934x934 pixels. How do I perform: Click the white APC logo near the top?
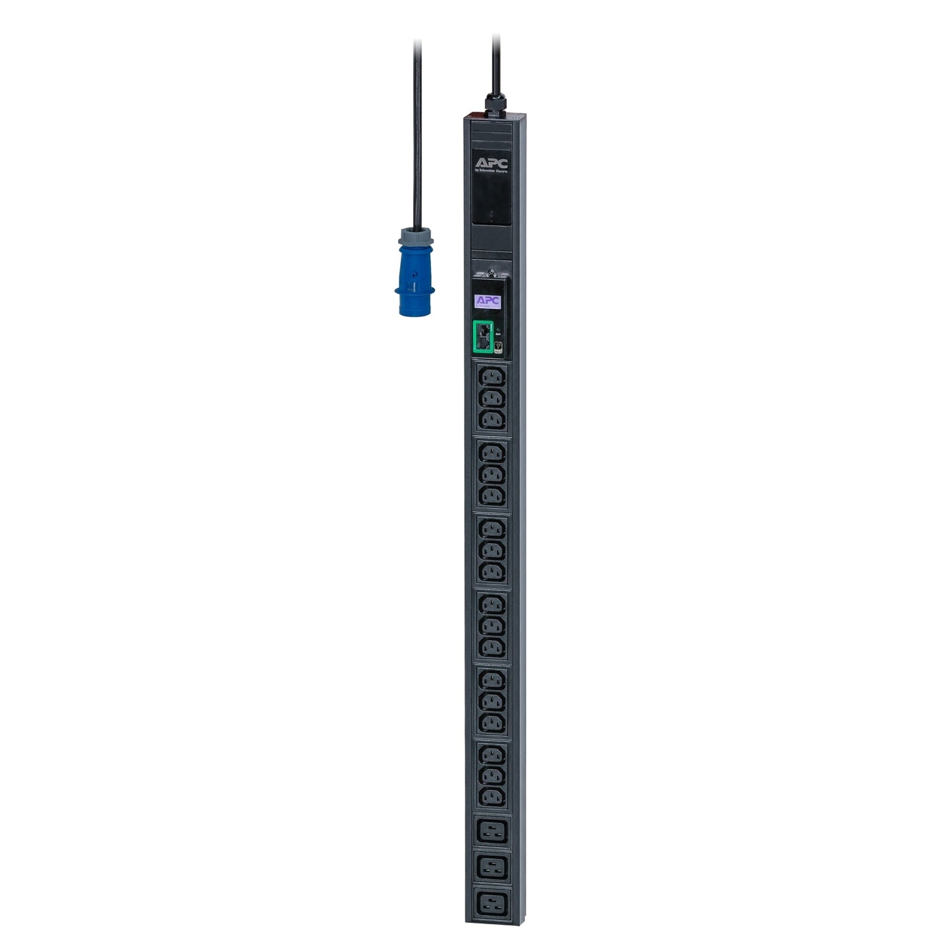coord(491,164)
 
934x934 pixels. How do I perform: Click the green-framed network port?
coord(483,337)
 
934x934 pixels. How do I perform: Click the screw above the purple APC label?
coord(492,274)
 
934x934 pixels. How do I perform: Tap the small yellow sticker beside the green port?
coord(498,347)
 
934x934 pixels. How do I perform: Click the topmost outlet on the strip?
coord(492,376)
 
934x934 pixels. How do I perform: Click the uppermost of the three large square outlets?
coord(492,830)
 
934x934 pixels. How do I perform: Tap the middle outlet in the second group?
coord(492,474)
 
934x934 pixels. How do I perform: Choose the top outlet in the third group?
coord(492,528)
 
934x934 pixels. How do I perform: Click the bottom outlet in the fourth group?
coord(492,647)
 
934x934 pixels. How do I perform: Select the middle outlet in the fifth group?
coord(492,700)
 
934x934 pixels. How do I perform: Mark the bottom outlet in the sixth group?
coord(492,796)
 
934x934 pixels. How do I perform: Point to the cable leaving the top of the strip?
coord(496,61)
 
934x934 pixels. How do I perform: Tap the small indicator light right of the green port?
coord(498,330)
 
